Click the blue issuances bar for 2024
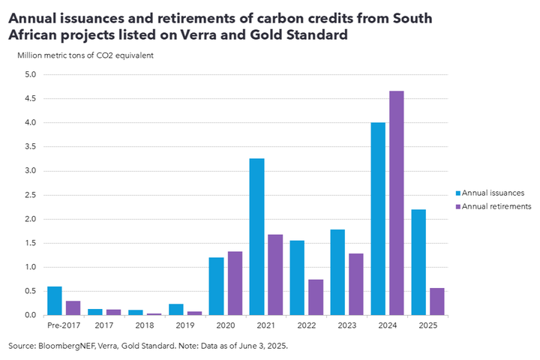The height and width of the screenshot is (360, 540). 377,219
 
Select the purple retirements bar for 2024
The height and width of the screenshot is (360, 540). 397,203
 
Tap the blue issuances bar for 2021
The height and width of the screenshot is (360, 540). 256,237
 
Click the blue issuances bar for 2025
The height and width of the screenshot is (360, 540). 418,262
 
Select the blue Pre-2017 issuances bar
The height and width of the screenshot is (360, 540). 54,301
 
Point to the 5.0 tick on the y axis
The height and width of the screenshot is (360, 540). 30,74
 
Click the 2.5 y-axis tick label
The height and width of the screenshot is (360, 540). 30,195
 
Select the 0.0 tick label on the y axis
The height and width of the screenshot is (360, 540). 30,315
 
